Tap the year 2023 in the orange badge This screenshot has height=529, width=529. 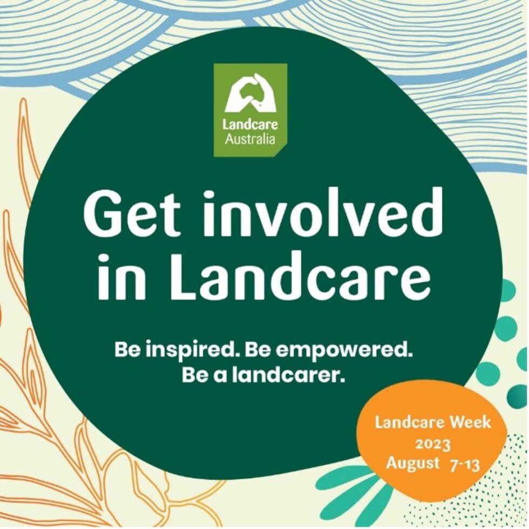pyautogui.click(x=432, y=445)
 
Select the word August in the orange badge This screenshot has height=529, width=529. pyautogui.click(x=412, y=463)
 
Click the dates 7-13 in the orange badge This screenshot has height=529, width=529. pyautogui.click(x=465, y=464)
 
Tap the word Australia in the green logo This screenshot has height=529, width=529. pyautogui.click(x=250, y=140)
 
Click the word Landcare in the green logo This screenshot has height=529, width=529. pyautogui.click(x=250, y=125)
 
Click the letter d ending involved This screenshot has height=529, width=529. pyautogui.click(x=426, y=212)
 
